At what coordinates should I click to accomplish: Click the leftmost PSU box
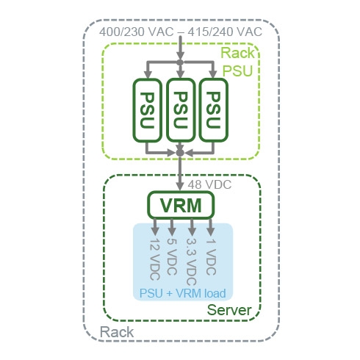coord(148,110)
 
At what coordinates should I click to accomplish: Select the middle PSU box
coord(181,110)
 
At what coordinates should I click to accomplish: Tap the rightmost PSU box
coord(214,110)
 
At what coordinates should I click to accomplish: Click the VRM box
coord(181,205)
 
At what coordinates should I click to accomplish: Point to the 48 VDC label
coord(209,184)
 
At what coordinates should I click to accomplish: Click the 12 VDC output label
coord(155,259)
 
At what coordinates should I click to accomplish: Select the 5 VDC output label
coord(172,256)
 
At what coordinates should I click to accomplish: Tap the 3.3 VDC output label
coord(191,262)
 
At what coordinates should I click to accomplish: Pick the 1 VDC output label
coord(211,256)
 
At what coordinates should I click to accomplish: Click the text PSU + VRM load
coord(182,293)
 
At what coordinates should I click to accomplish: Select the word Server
coord(229,310)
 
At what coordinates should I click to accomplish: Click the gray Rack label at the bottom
coord(117,332)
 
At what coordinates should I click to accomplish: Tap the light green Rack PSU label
coord(237,62)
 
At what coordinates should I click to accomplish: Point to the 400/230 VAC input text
coord(137,32)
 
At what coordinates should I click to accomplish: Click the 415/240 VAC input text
coord(225,32)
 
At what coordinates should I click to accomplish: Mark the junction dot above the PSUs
coord(180,62)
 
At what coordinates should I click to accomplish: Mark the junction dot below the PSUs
coord(180,153)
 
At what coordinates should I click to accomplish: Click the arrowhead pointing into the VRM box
coord(180,186)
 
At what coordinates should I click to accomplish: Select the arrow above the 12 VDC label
coord(155,227)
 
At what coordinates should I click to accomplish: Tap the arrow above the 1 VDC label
coord(211,227)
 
